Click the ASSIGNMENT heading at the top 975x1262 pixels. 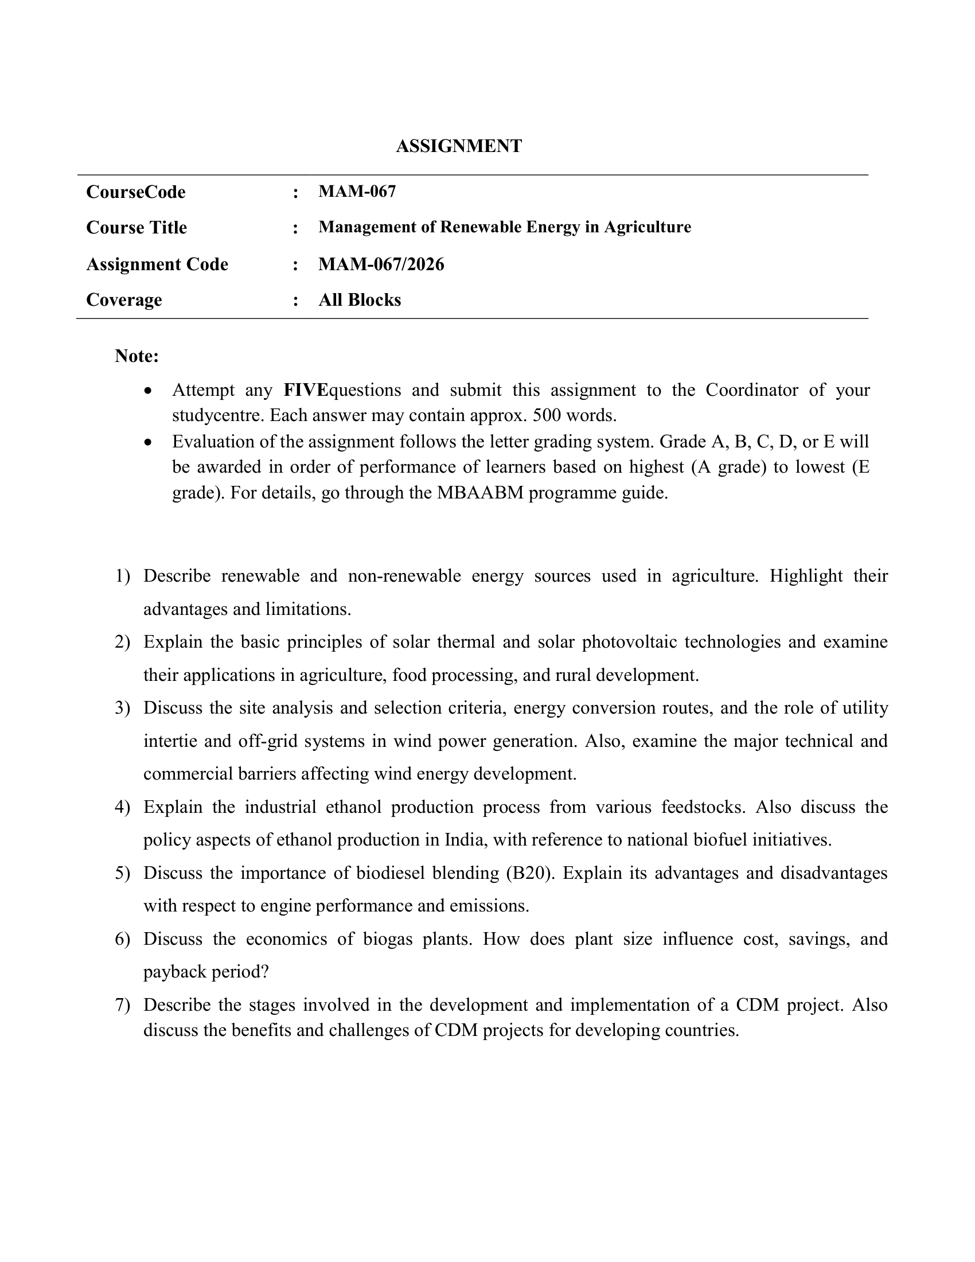[x=459, y=146]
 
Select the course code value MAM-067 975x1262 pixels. [x=357, y=191]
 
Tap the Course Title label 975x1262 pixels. [x=136, y=228]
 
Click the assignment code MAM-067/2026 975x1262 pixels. [x=381, y=264]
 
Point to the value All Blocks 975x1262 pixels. [x=359, y=300]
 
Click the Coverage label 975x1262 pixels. [x=124, y=300]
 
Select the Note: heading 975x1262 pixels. [x=136, y=356]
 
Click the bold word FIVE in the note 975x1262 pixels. [x=306, y=390]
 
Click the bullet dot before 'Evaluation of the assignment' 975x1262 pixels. [x=149, y=443]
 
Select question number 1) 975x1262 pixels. [x=123, y=576]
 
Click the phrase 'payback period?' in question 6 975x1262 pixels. [x=206, y=972]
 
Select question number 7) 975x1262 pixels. [x=123, y=1005]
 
